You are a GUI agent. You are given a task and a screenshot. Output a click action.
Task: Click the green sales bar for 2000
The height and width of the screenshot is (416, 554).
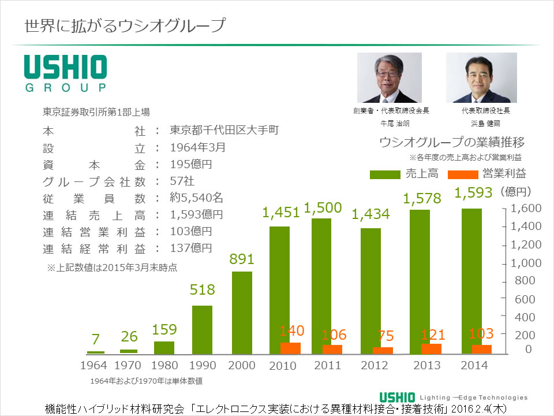[242, 313]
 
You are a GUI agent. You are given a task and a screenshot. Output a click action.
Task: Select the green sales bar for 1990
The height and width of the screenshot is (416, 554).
[202, 329]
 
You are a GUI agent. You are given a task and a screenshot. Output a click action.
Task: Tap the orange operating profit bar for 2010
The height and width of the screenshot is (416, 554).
[290, 348]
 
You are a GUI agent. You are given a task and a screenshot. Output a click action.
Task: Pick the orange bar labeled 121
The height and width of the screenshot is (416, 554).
[431, 348]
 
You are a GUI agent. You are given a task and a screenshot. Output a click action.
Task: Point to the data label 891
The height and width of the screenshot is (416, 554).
[242, 259]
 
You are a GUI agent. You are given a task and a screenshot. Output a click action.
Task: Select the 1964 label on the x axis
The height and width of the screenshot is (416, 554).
[93, 365]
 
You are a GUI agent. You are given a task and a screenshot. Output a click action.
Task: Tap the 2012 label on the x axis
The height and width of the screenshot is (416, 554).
[375, 365]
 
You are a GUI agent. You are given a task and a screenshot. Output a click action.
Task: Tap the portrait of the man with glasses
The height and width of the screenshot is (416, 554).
[390, 78]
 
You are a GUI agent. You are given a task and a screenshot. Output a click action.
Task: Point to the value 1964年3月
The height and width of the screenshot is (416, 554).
[197, 147]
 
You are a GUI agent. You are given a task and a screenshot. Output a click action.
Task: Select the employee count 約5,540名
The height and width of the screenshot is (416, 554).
[196, 198]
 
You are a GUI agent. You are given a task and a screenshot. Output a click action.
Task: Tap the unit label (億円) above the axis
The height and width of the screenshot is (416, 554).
[516, 191]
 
